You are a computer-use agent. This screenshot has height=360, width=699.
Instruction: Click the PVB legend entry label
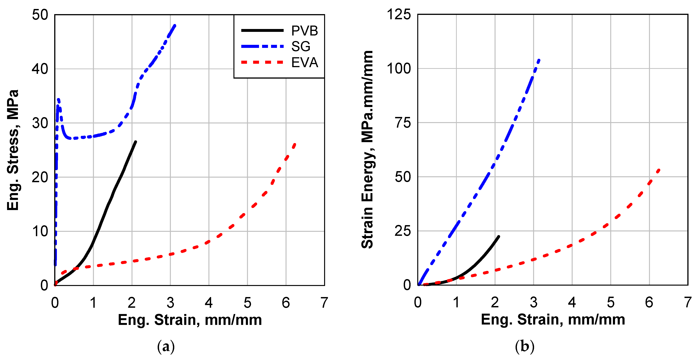[x=304, y=31]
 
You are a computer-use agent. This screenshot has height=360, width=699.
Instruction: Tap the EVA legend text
[x=304, y=62]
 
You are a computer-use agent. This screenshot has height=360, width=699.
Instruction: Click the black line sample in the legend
[x=262, y=30]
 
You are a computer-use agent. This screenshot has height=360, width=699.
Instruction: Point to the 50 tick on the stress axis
[x=40, y=15]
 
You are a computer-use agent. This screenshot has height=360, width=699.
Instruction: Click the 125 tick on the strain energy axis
[x=398, y=14]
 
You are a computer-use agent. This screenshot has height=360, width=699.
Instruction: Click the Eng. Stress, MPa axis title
[x=13, y=150]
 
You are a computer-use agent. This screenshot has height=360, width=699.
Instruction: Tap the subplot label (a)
[x=166, y=346]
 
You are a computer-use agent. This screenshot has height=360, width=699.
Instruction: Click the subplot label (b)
[x=525, y=346]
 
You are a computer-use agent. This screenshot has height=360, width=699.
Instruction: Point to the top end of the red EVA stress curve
[x=295, y=144]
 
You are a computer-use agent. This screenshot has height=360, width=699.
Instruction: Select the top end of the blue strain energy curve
[x=539, y=60]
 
